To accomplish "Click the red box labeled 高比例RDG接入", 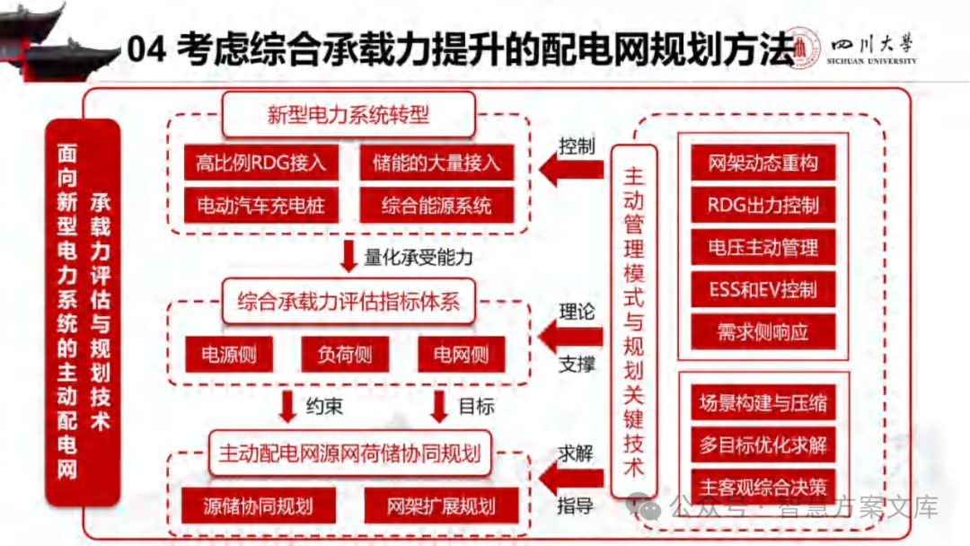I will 255,163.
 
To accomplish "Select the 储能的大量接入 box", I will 437,163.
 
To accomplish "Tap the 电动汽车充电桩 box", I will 255,206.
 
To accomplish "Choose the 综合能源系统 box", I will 437,206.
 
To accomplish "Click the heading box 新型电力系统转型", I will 348,115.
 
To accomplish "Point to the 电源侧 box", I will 228,354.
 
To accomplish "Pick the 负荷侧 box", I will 345,354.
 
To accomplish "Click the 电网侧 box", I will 462,354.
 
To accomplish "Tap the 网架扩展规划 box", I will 441,506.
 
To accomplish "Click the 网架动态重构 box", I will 763,163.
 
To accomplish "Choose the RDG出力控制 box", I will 763,205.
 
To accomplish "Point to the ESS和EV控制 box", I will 763,289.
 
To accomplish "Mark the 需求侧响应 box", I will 763,331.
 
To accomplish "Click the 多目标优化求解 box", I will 763,445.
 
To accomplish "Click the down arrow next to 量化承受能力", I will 349,256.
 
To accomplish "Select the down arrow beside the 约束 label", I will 287,406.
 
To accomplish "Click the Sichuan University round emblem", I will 806,50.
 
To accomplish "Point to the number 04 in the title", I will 146,49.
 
